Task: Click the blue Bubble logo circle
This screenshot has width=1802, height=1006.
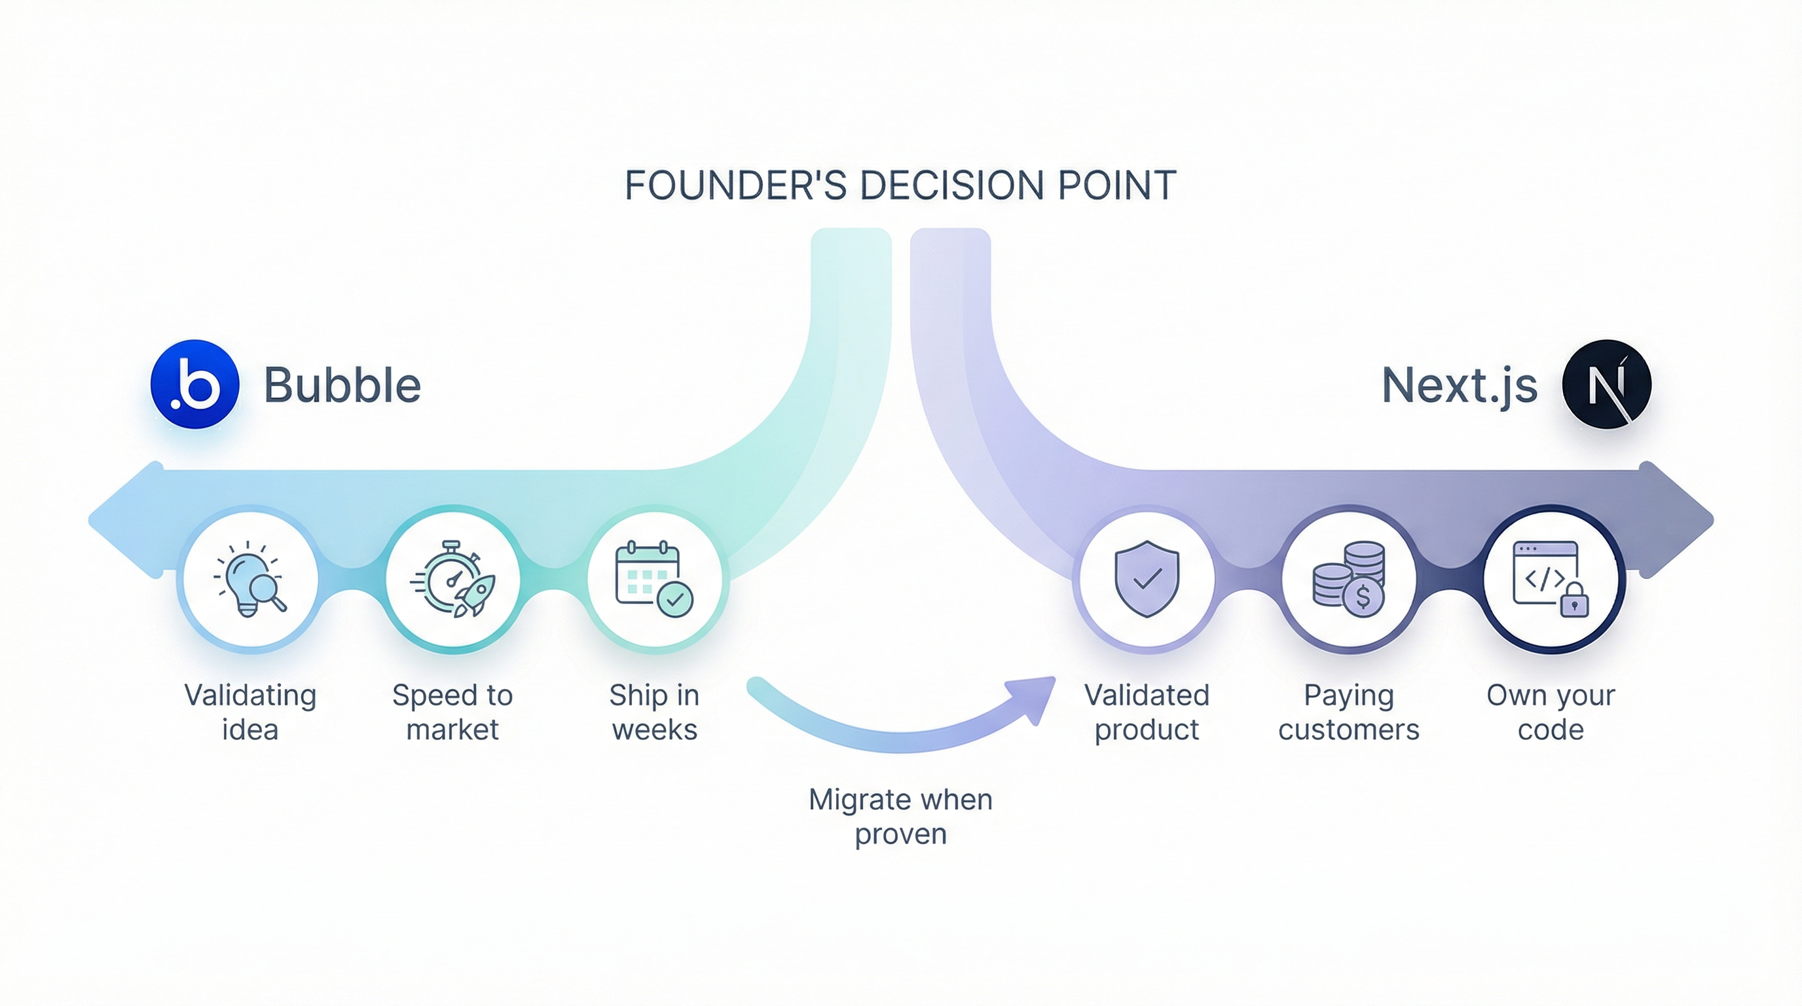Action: [x=195, y=384]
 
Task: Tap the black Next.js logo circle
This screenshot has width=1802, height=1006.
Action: [x=1607, y=384]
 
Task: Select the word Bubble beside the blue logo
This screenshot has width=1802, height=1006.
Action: [x=342, y=386]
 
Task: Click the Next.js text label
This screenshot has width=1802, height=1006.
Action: [x=1460, y=386]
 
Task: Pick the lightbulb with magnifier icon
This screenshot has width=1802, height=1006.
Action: [x=249, y=580]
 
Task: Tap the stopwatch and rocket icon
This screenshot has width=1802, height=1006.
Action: [x=452, y=579]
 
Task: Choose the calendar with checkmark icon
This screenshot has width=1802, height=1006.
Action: [x=654, y=579]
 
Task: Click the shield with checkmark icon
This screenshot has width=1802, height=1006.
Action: [x=1147, y=579]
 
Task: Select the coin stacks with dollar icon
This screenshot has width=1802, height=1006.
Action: [x=1349, y=579]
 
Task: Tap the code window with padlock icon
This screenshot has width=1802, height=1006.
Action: [x=1550, y=579]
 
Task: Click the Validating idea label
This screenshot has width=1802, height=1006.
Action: [x=250, y=712]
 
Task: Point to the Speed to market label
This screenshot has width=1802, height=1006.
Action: [x=452, y=712]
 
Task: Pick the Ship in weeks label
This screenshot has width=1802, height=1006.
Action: [x=654, y=712]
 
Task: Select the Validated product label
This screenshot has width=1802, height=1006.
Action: [x=1147, y=712]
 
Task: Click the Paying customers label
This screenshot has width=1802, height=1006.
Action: [x=1349, y=712]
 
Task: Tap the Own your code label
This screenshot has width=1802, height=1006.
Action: [x=1550, y=712]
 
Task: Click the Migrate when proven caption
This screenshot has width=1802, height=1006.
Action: [x=900, y=817]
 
